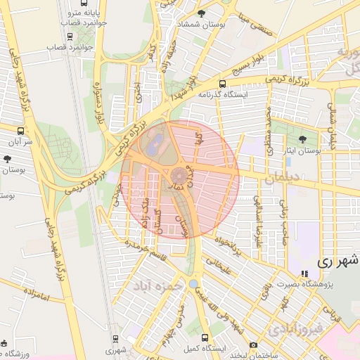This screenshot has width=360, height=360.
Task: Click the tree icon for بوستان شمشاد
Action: pos(202,13)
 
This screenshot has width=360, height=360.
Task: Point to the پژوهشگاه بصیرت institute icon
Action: pos(304,274)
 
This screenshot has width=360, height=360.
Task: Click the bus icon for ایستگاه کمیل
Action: pos(205,337)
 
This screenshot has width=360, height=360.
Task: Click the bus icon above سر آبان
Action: pos(20,131)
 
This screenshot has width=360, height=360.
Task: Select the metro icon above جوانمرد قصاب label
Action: pos(69,35)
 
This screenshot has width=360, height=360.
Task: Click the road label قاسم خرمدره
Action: pos(143,247)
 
